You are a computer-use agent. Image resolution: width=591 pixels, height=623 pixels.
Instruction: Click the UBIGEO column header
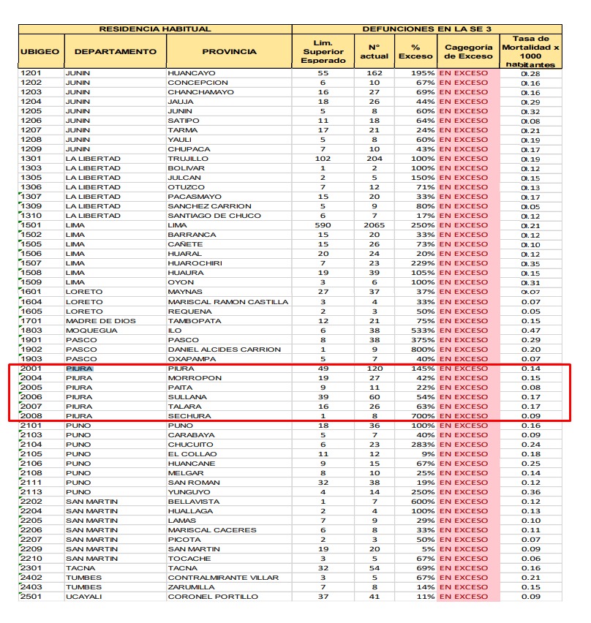click(x=40, y=52)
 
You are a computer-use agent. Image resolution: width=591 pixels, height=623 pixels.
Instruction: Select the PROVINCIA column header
click(x=229, y=52)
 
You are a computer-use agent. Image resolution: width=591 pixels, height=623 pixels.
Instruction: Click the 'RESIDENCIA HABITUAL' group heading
click(x=155, y=29)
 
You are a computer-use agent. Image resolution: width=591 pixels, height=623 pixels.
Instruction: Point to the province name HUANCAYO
click(x=192, y=74)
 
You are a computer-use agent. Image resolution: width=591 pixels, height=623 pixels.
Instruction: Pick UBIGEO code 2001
click(x=31, y=369)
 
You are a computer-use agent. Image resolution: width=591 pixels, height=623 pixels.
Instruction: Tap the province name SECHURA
click(x=189, y=416)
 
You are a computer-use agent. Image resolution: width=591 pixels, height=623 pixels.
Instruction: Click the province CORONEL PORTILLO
click(x=213, y=597)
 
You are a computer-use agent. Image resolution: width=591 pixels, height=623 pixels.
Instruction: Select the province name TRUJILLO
click(x=189, y=159)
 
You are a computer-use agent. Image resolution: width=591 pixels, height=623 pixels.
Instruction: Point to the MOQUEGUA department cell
click(x=91, y=331)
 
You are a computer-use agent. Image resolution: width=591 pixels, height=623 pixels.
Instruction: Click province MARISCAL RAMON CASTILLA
click(x=228, y=302)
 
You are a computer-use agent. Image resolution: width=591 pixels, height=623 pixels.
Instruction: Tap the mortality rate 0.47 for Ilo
click(x=530, y=331)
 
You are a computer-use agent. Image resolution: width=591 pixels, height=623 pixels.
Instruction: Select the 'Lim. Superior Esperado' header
click(x=323, y=52)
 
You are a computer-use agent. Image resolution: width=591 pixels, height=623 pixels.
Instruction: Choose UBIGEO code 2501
click(x=31, y=597)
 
